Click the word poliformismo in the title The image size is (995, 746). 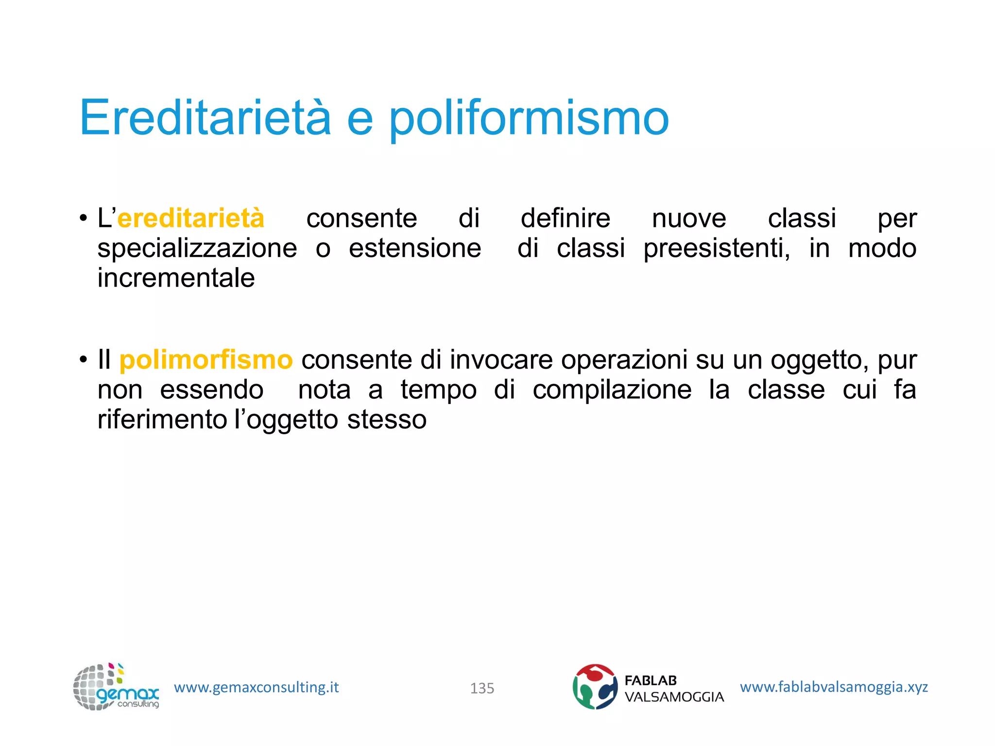click(529, 119)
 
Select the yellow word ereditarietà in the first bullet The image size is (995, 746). click(191, 218)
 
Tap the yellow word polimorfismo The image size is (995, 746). click(206, 360)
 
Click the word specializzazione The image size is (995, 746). click(197, 248)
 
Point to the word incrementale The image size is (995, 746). click(176, 278)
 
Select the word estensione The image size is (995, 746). click(415, 248)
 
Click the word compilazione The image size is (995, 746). click(612, 390)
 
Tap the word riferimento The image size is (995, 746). click(162, 420)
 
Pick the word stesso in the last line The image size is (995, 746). click(387, 420)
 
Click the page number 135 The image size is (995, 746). click(482, 688)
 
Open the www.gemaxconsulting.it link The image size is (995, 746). click(256, 687)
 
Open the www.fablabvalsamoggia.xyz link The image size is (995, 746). click(834, 687)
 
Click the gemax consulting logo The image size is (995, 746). click(116, 687)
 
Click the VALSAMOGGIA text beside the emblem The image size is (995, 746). click(674, 697)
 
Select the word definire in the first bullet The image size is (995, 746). click(565, 218)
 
